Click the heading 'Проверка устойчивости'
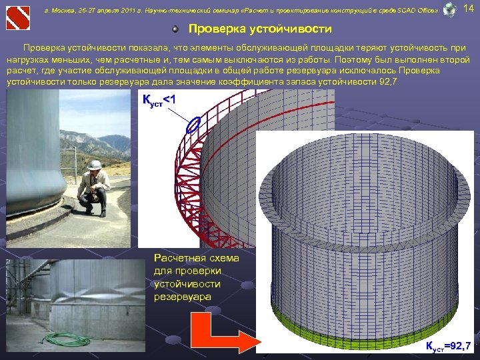[x=260, y=30]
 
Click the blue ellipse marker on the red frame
[x=194, y=125]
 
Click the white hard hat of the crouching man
[x=95, y=164]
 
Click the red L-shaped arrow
[x=220, y=331]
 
